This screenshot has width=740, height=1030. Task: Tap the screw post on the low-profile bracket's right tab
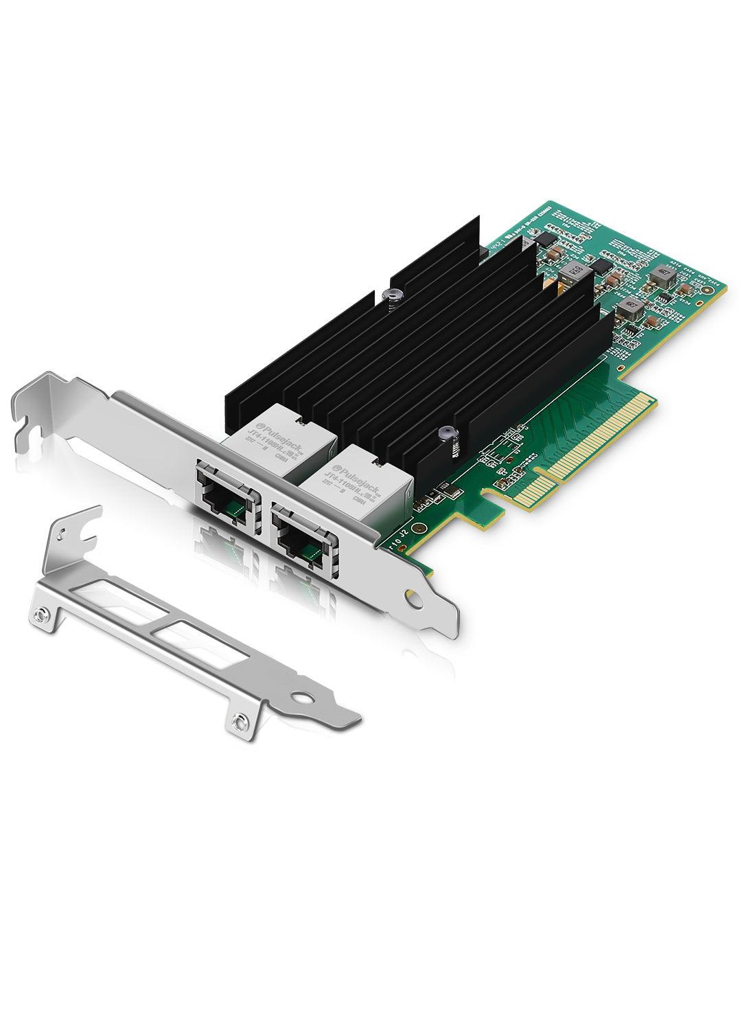point(238,721)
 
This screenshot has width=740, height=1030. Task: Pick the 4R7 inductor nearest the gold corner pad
point(663,273)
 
